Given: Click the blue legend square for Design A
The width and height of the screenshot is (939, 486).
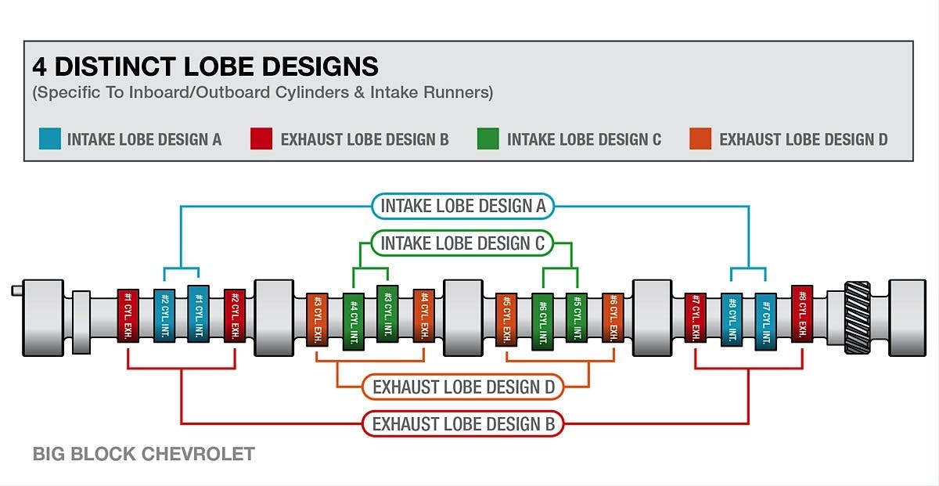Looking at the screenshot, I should [49, 139].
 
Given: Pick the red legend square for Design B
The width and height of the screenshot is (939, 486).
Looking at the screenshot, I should [261, 139].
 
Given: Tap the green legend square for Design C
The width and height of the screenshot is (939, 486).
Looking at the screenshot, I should [487, 139].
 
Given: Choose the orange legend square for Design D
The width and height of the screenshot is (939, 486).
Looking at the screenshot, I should [700, 139].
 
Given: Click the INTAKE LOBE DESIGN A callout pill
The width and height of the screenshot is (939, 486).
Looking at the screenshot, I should [462, 207].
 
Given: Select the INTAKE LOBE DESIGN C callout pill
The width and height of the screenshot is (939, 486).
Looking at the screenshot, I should [462, 243].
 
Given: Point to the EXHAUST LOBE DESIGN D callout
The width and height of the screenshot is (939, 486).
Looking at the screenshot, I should [462, 387].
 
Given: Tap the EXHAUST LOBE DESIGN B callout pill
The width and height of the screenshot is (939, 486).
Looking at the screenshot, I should [462, 424].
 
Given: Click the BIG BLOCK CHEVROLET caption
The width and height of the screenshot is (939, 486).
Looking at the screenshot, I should [143, 454].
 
